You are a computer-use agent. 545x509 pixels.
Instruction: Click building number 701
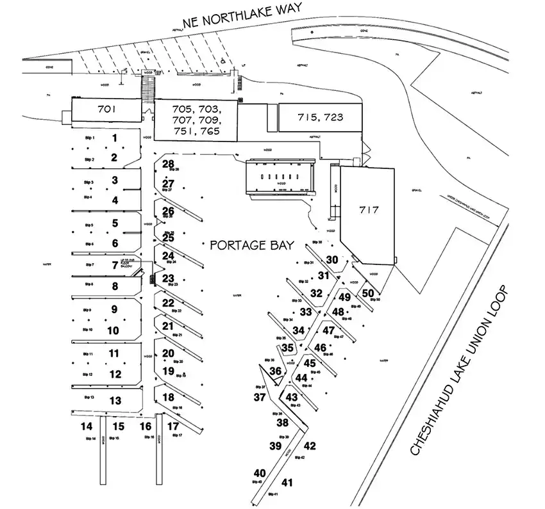tap(106, 109)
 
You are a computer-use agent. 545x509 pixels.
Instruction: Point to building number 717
tap(370, 210)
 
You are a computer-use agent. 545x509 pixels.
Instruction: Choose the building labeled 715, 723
tap(321, 117)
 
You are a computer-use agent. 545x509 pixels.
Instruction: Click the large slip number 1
tap(115, 138)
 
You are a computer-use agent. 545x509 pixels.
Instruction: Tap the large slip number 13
tap(115, 401)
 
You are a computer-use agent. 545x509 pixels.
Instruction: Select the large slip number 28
tap(168, 165)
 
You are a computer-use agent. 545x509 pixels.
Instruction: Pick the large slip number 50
tap(368, 293)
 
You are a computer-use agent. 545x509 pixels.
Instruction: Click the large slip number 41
tap(287, 483)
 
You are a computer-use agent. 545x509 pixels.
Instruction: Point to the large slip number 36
tap(275, 371)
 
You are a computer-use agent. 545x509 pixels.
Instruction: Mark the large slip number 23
tap(168, 279)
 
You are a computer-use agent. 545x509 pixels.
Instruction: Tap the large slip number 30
tap(331, 259)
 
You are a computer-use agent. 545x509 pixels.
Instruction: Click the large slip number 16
tap(146, 426)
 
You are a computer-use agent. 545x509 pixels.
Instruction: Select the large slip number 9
tap(115, 309)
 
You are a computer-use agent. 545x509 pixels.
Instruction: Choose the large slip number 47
tap(328, 330)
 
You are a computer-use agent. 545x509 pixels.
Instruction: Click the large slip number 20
tap(168, 353)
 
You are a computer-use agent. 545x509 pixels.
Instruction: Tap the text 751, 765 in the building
tap(196, 131)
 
